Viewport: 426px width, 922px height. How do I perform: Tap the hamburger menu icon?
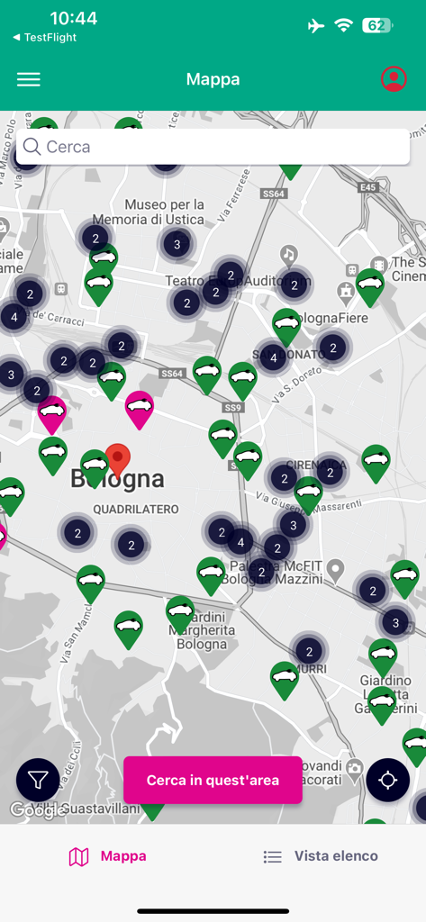tap(29, 79)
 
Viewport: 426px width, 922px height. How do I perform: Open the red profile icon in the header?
tap(394, 79)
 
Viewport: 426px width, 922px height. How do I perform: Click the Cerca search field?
tap(213, 147)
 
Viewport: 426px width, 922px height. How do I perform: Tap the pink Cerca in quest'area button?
tap(213, 780)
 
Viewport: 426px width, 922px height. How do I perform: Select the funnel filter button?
tap(38, 781)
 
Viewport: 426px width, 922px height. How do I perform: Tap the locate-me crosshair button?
tap(388, 780)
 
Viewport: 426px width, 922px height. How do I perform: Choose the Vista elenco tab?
tap(321, 856)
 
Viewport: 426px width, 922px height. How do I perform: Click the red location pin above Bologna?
tap(118, 459)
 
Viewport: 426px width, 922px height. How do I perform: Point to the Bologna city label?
tap(118, 480)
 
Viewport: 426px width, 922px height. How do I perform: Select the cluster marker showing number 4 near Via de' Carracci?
tap(14, 316)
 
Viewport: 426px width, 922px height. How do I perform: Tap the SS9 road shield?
tap(233, 408)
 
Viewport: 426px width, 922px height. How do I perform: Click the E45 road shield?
tap(367, 187)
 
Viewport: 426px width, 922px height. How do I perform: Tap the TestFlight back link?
tap(45, 38)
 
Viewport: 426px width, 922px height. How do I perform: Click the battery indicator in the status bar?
tap(377, 25)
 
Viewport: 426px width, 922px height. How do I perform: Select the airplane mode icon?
tap(315, 25)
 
